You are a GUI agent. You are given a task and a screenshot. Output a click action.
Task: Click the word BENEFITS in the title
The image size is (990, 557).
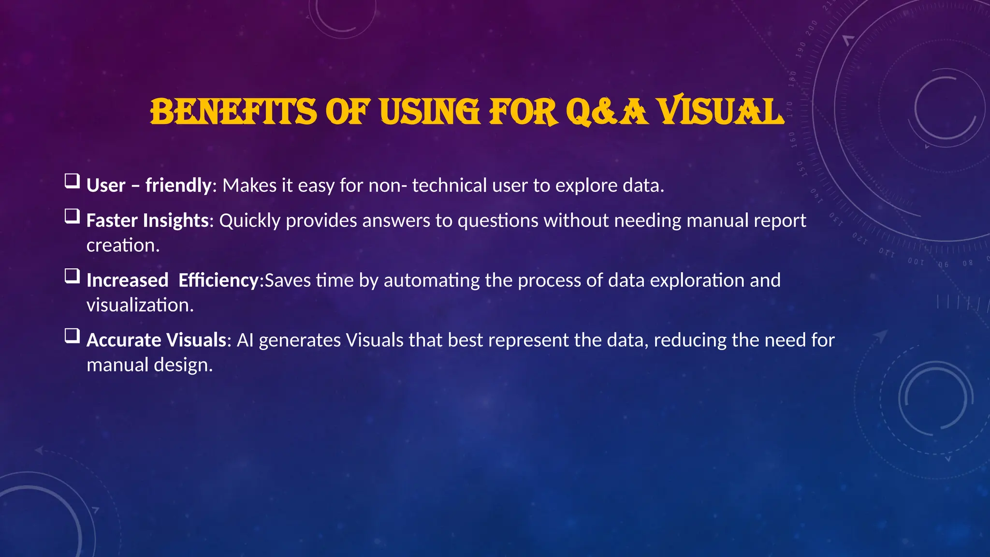233,112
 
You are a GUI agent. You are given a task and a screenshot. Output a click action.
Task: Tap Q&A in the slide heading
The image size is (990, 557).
606,112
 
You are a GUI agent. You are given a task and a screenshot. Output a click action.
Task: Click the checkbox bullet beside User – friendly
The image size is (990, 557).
72,182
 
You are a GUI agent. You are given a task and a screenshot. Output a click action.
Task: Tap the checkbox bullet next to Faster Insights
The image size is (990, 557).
72,217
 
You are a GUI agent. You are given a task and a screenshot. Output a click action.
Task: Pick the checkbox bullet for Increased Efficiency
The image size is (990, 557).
72,277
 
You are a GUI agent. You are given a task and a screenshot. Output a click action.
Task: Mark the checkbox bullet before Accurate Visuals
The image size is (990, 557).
72,336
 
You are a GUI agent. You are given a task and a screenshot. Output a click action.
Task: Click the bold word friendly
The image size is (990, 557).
178,186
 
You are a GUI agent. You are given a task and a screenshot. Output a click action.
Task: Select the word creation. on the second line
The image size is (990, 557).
123,246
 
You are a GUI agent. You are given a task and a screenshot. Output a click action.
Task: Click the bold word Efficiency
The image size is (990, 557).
218,280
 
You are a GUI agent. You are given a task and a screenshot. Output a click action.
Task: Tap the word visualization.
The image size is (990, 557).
140,306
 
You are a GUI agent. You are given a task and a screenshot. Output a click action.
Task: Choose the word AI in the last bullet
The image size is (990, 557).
245,340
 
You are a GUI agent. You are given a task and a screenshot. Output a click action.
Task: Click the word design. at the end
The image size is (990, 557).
183,365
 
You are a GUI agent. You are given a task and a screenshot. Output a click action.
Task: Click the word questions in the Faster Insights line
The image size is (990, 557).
497,221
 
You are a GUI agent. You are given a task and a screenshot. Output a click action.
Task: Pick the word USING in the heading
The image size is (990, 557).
429,112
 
